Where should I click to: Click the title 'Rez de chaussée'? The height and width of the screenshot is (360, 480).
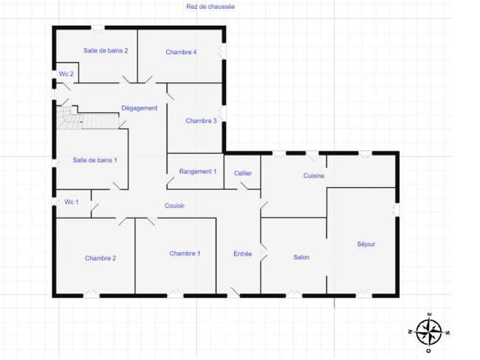(210, 7)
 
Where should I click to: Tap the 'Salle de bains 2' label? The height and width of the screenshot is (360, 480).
(106, 50)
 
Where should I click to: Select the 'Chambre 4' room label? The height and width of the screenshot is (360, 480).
(181, 52)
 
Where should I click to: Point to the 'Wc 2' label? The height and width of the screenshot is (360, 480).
(66, 74)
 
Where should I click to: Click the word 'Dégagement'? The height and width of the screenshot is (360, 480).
(140, 108)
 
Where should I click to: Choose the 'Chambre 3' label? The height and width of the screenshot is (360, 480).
(201, 120)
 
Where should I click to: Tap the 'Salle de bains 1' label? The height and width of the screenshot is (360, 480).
(95, 160)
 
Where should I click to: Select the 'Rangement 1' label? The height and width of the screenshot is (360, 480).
(198, 171)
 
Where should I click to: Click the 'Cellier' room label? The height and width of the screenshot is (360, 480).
(243, 174)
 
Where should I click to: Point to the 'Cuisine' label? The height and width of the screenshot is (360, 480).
(314, 176)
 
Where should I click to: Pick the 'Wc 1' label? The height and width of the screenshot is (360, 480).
(72, 202)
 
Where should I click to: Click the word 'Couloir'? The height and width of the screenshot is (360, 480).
(174, 206)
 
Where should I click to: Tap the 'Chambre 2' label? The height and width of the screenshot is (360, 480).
(100, 258)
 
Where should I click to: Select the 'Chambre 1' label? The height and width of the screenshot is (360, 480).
(185, 254)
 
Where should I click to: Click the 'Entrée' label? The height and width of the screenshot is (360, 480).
(242, 254)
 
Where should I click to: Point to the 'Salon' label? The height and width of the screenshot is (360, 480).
(301, 257)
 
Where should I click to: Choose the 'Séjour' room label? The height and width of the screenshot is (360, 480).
(366, 244)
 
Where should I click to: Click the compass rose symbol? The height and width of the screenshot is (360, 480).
(429, 333)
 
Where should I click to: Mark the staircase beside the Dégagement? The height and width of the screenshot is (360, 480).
(88, 118)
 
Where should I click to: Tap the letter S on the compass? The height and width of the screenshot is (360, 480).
(448, 333)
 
